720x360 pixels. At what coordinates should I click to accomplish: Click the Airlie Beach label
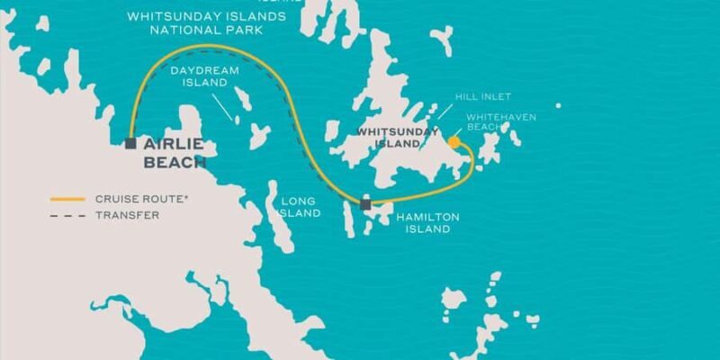(x=175, y=154)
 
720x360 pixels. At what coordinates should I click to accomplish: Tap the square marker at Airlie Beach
(x=131, y=143)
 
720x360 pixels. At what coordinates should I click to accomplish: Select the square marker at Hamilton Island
(x=364, y=204)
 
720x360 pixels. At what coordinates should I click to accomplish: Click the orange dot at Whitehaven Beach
(x=454, y=141)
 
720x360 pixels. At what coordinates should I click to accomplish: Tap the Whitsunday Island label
(x=389, y=137)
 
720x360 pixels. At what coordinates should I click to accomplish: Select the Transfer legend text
(x=127, y=215)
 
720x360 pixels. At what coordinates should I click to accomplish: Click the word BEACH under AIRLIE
(x=175, y=163)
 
